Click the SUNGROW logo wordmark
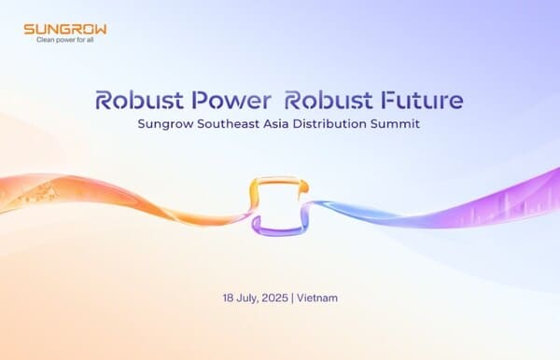point(65,29)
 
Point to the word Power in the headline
point(231,100)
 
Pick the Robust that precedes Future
point(329,100)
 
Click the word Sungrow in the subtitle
point(166,124)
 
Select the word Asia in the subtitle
point(276,124)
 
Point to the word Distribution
point(329,124)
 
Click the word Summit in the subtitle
point(395,124)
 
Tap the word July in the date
point(247,298)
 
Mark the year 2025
point(274,298)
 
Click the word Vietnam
point(317,298)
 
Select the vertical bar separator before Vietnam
point(292,298)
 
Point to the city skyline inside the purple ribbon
point(514,211)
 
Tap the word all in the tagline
point(90,40)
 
